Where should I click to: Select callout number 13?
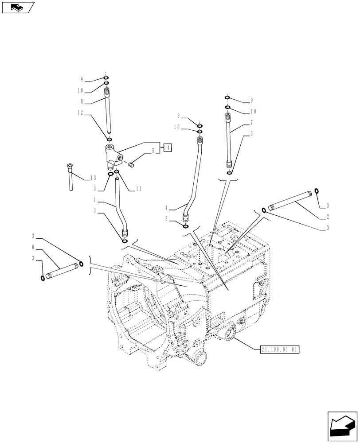[93, 178]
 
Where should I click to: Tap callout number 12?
[80, 113]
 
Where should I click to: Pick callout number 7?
[251, 122]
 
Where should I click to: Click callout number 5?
[153, 151]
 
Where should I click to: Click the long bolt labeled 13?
[70, 177]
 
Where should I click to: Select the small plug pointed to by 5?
[131, 165]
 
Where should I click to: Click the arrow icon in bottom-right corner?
[342, 426]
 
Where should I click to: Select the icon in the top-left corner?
[18, 7]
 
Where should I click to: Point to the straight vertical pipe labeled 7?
[229, 142]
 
